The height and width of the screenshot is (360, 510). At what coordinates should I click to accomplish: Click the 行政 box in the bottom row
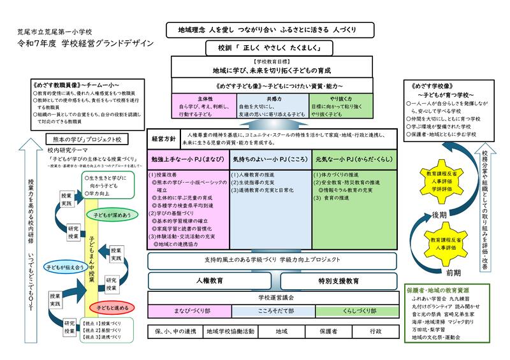point(375,331)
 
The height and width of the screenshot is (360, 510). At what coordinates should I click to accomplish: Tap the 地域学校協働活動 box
point(230,331)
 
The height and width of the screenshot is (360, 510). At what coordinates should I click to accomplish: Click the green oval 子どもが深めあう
point(106,215)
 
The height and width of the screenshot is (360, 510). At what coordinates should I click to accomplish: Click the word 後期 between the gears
point(439,213)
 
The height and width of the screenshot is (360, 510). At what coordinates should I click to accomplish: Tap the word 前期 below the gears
point(435,273)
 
